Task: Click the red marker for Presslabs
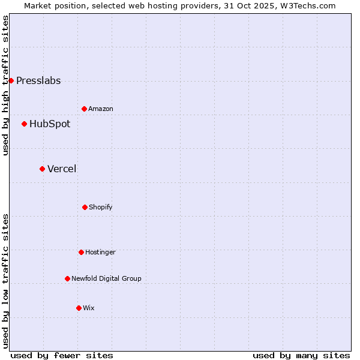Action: tap(11, 80)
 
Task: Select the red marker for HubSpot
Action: tap(24, 124)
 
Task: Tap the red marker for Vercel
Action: tap(42, 169)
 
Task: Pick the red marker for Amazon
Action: tap(84, 109)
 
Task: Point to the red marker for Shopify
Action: tap(85, 207)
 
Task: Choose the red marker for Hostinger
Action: tap(81, 252)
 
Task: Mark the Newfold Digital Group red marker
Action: tap(67, 278)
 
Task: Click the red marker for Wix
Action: tap(79, 308)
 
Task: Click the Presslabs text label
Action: tap(38, 81)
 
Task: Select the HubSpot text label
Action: tap(50, 124)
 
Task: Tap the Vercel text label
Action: tap(62, 169)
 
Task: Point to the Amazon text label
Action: tap(101, 109)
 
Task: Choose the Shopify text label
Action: tap(101, 208)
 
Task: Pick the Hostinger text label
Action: tap(100, 253)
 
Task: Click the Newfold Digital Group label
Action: tap(107, 279)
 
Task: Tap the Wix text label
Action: tap(89, 308)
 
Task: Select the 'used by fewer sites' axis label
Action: tap(62, 355)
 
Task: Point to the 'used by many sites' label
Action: tap(301, 355)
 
